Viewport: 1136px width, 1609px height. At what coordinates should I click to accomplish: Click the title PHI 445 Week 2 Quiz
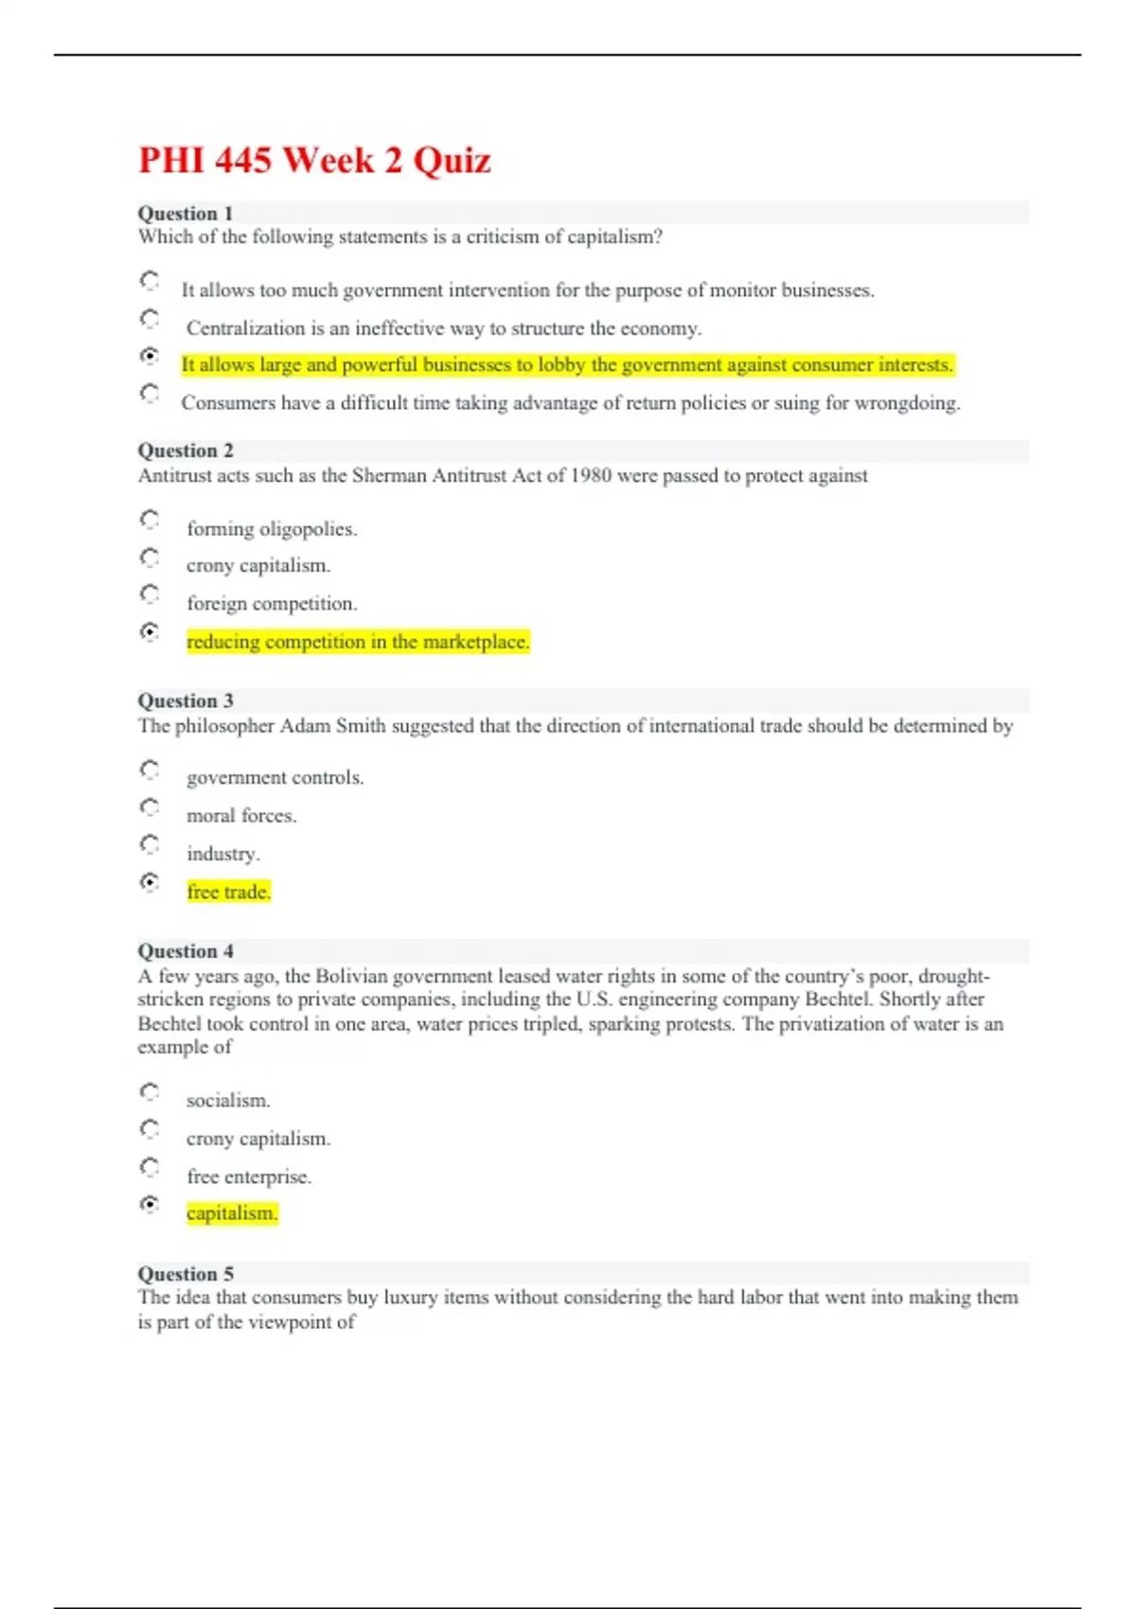(x=314, y=160)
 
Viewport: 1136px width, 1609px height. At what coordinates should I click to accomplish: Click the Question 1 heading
(x=186, y=213)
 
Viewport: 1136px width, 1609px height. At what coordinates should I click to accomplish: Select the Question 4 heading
(x=186, y=950)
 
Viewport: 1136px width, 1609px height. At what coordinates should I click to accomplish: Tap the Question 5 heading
(x=186, y=1273)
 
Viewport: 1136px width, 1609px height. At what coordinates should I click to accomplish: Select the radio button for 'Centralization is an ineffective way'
(x=150, y=319)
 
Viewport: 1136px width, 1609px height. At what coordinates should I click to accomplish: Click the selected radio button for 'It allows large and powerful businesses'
(x=150, y=356)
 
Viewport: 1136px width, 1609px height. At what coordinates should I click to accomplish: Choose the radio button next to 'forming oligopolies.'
(x=150, y=520)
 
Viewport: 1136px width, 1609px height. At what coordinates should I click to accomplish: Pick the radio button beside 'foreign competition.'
(x=150, y=594)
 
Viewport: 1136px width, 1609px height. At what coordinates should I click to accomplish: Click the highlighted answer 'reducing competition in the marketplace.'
(x=358, y=642)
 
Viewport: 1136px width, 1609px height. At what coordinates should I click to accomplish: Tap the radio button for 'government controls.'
(x=150, y=769)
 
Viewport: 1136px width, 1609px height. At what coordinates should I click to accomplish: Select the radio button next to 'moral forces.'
(x=150, y=807)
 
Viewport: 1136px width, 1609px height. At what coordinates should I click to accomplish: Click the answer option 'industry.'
(x=222, y=854)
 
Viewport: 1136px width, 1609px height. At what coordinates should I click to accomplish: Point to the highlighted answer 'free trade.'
(x=228, y=892)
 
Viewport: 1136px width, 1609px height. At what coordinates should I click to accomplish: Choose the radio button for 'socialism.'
(x=150, y=1092)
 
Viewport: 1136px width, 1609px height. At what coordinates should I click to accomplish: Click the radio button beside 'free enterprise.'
(x=150, y=1167)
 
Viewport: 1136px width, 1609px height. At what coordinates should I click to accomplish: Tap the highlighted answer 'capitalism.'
(x=232, y=1213)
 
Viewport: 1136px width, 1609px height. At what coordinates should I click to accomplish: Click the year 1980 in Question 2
(x=591, y=475)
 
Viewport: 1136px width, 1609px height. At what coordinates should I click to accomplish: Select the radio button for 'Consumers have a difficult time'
(x=150, y=393)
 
